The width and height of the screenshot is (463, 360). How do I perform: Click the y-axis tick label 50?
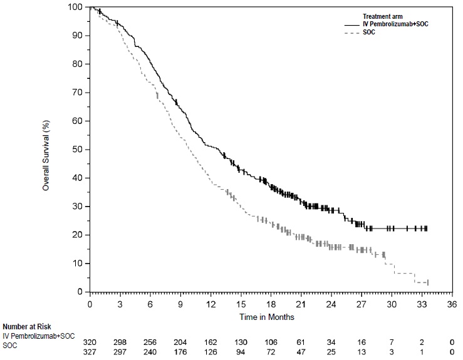[77, 149]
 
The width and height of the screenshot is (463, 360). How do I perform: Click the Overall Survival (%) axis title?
[46, 149]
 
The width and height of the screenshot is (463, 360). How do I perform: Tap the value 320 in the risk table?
[90, 336]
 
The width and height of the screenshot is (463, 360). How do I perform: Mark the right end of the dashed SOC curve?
[427, 283]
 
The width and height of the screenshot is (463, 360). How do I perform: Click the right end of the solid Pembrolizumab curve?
[427, 229]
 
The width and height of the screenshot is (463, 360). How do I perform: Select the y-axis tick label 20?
[77, 235]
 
